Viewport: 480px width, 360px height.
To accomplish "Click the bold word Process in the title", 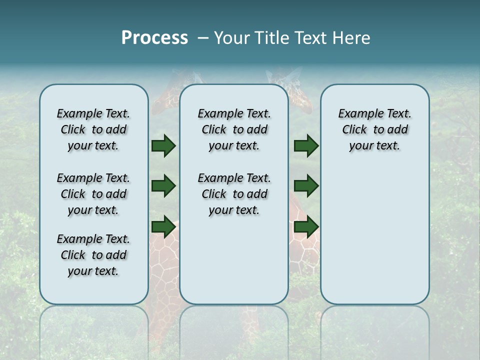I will tap(154, 38).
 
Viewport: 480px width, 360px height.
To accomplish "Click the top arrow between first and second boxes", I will tap(163, 145).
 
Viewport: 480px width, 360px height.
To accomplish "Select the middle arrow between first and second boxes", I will tap(163, 186).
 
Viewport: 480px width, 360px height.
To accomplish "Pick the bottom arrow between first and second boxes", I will tap(163, 226).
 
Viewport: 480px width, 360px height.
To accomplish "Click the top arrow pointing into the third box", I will tap(306, 145).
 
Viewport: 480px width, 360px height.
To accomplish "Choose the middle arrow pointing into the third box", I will tap(306, 186).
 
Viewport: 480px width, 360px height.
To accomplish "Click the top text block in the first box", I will tap(93, 129).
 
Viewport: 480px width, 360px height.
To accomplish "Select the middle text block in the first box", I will tap(93, 194).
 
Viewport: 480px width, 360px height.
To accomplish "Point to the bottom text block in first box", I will tap(93, 255).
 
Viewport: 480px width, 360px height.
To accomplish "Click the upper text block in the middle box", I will tap(234, 129).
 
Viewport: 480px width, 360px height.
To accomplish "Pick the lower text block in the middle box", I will tap(234, 194).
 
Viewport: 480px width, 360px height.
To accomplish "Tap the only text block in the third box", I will tap(374, 129).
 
